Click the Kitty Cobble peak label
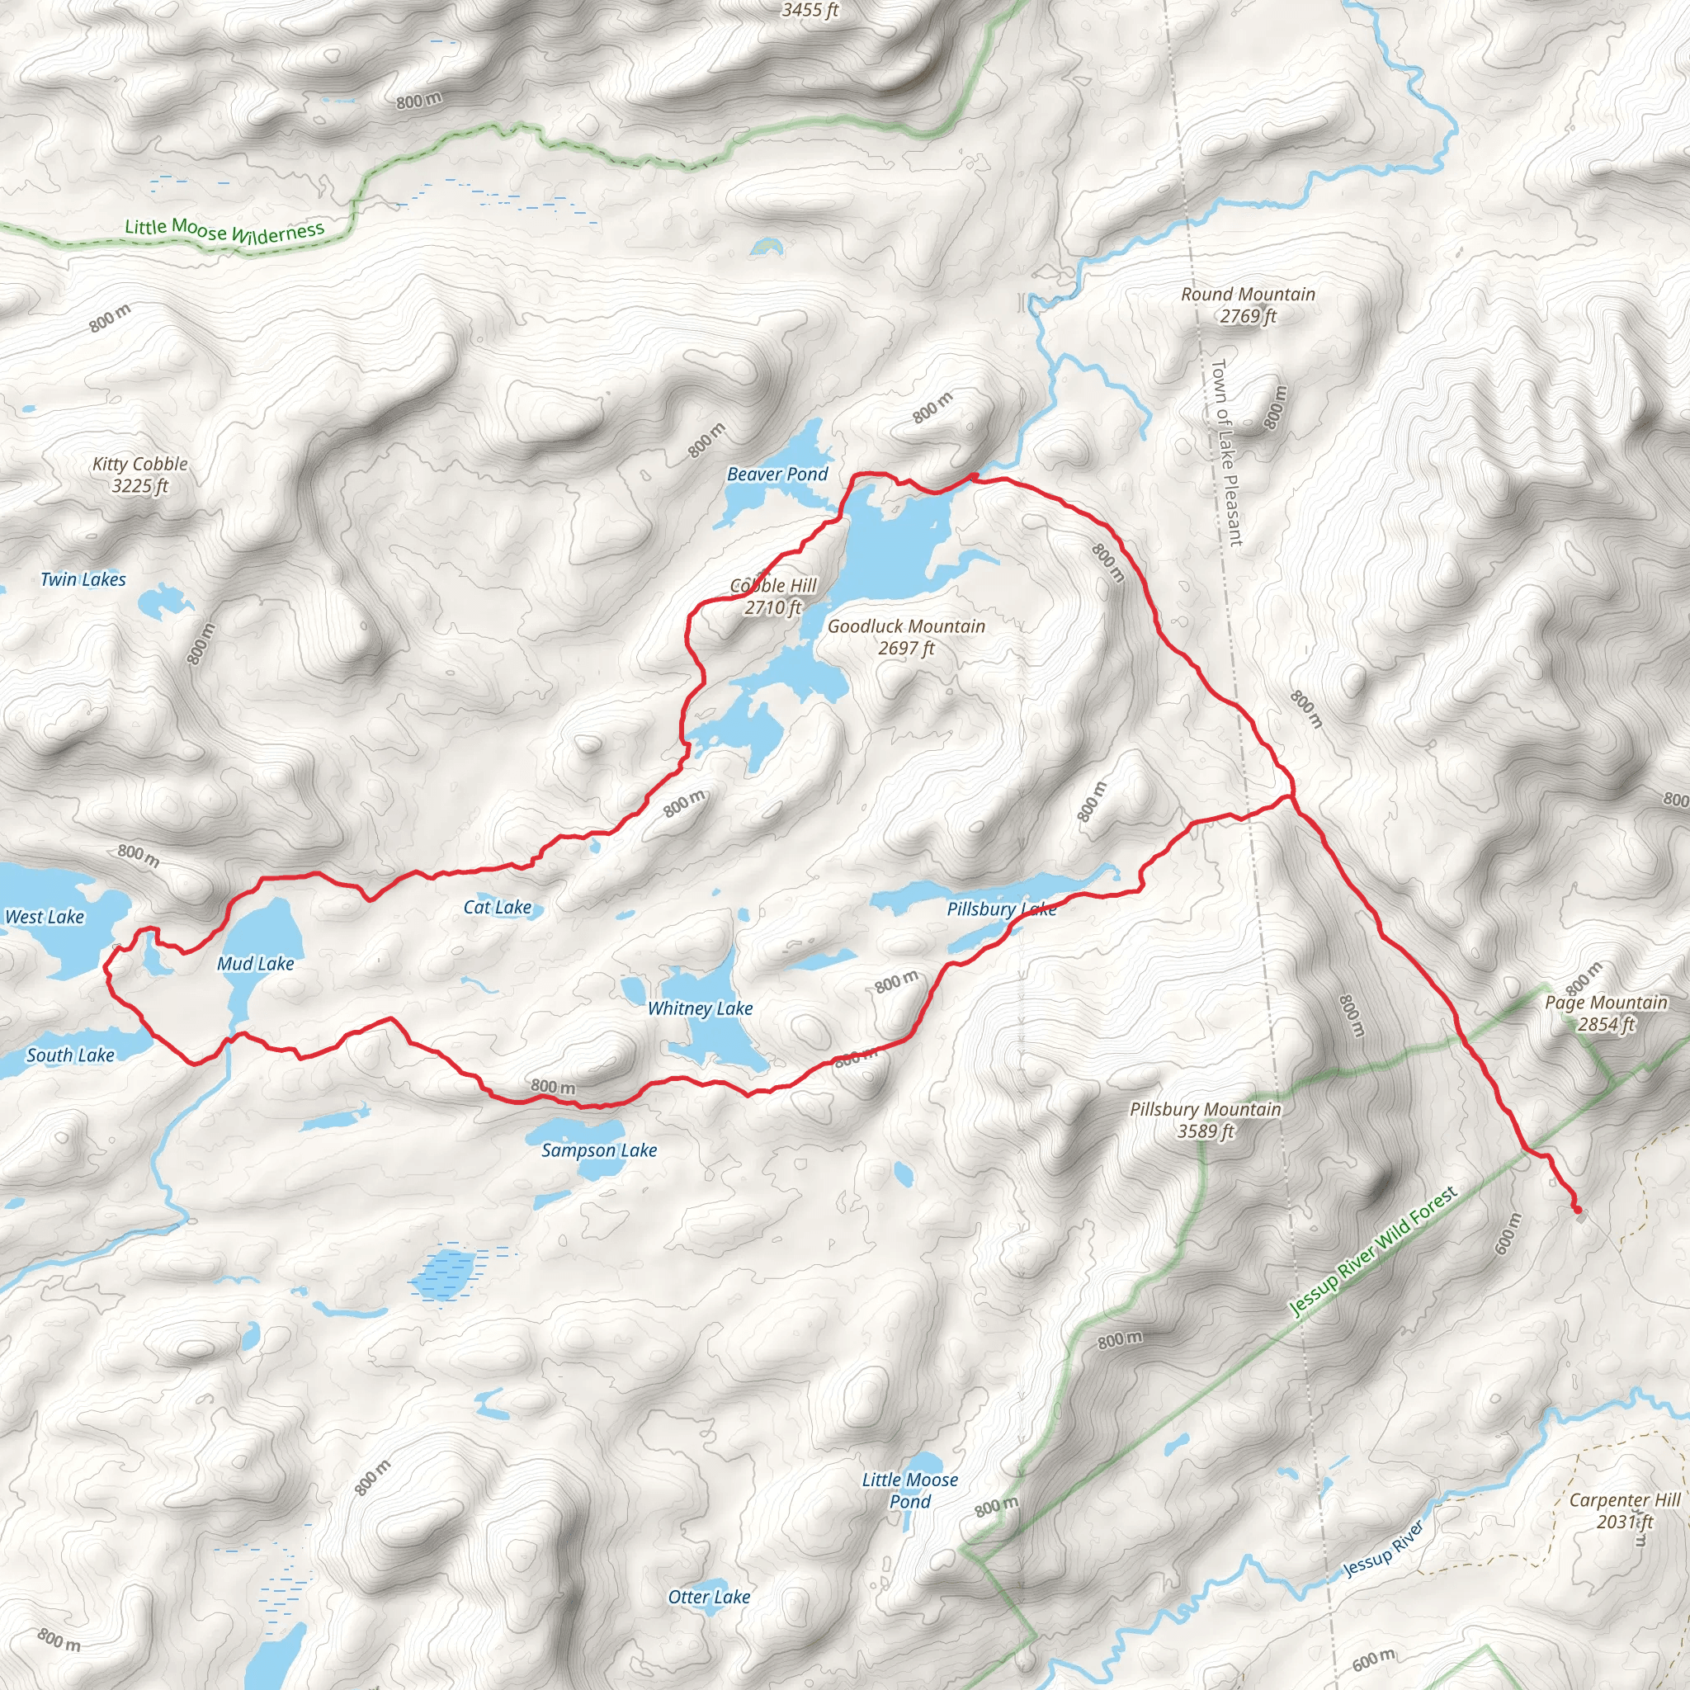pos(140,475)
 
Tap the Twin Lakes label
pos(83,579)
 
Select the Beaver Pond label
pos(777,474)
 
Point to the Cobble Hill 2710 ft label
pos(773,597)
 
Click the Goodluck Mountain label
pos(906,637)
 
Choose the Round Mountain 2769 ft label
pos(1248,304)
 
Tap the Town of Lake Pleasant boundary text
pos(1226,452)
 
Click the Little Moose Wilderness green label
pos(224,231)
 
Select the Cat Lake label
pos(497,907)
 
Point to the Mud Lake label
pos(256,963)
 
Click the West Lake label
pos(45,917)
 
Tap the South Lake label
pos(70,1055)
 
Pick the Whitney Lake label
pos(700,1008)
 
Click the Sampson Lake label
pos(598,1150)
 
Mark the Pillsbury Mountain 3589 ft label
pos(1205,1120)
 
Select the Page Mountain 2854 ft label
pos(1605,1013)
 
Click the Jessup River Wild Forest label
pos(1373,1252)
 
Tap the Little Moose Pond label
pos(909,1490)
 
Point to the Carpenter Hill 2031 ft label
pos(1624,1511)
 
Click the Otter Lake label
pos(709,1597)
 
